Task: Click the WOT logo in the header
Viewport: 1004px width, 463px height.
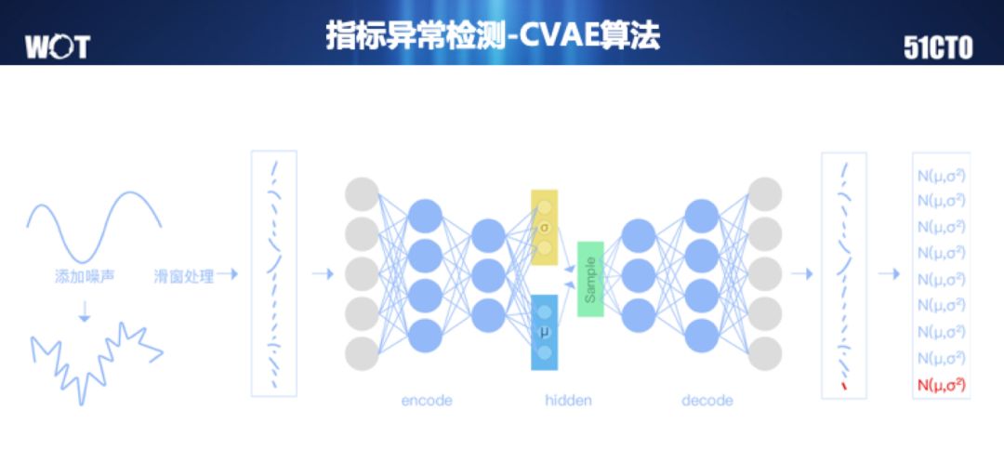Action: (58, 46)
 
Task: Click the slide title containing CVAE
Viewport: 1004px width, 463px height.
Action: (493, 36)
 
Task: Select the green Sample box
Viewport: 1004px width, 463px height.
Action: (590, 279)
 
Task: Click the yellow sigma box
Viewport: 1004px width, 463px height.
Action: (545, 228)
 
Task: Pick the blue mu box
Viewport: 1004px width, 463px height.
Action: (545, 332)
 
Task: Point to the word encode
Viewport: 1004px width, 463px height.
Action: (427, 401)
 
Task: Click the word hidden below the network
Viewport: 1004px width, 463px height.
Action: (568, 401)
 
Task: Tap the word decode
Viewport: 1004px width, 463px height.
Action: (707, 401)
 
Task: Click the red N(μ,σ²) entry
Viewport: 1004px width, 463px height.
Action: (941, 384)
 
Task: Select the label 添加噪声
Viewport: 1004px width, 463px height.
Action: (85, 276)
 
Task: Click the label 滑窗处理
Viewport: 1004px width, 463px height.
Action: (184, 276)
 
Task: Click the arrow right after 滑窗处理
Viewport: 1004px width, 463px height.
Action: (228, 274)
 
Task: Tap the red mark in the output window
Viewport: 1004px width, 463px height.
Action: (844, 385)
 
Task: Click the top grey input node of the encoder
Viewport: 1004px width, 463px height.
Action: (363, 193)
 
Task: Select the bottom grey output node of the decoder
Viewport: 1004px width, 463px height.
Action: (764, 353)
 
